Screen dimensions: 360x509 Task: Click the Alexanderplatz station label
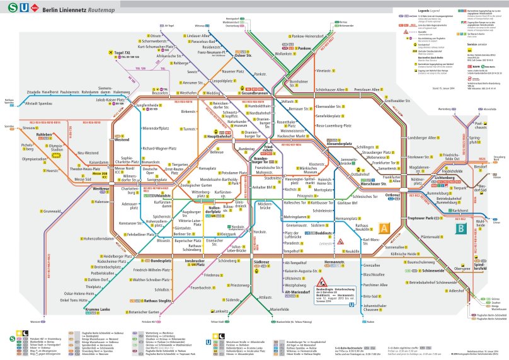(341, 144)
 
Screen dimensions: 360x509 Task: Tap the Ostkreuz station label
(393, 196)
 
